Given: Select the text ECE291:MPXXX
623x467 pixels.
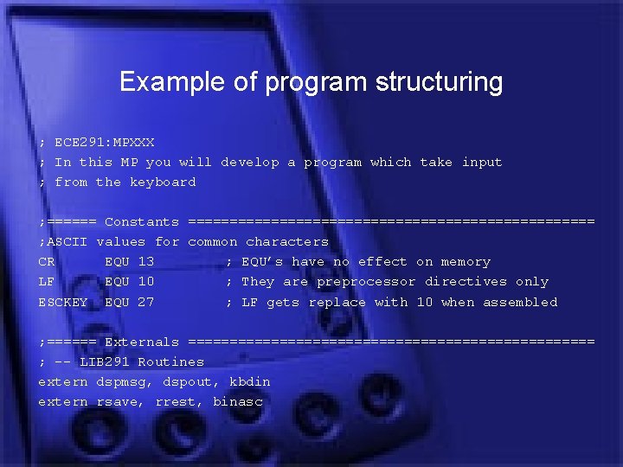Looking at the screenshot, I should (104, 142).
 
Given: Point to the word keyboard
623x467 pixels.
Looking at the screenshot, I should (163, 182).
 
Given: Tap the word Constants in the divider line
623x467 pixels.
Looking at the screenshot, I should (142, 222).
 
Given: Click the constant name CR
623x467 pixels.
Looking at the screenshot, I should (47, 261).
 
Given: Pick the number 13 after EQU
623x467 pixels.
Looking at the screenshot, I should (145, 261).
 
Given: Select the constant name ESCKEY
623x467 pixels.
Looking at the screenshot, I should (63, 302).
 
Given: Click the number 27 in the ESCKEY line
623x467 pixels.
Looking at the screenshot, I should (145, 302).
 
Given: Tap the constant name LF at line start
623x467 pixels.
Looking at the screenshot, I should (47, 281).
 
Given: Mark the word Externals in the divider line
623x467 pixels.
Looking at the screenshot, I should (142, 342).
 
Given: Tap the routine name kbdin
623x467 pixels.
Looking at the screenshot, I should (250, 381).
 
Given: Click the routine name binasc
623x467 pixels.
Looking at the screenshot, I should (237, 401).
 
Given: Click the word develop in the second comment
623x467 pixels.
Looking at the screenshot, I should (250, 162).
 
